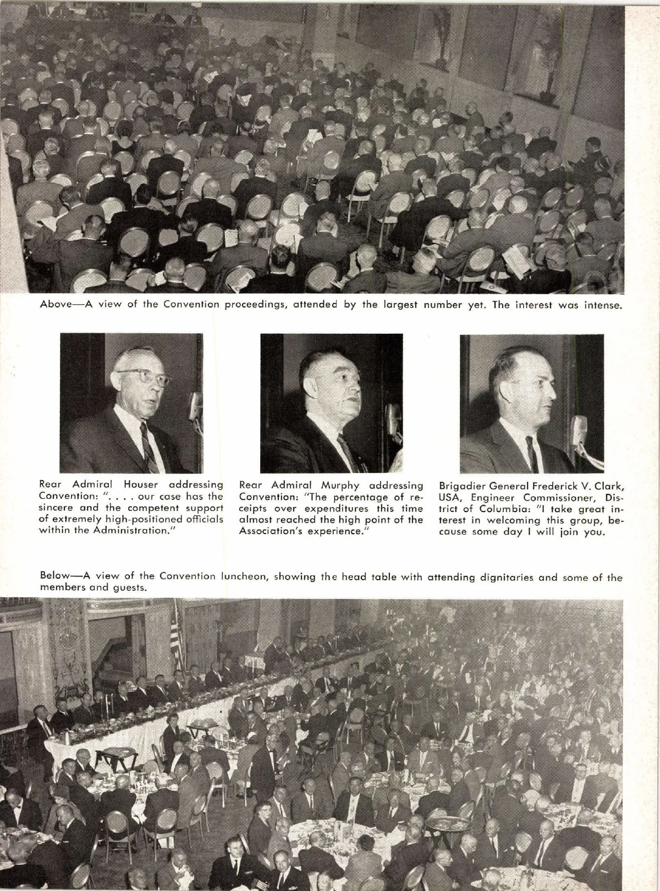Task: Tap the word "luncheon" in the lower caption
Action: coord(245,576)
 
